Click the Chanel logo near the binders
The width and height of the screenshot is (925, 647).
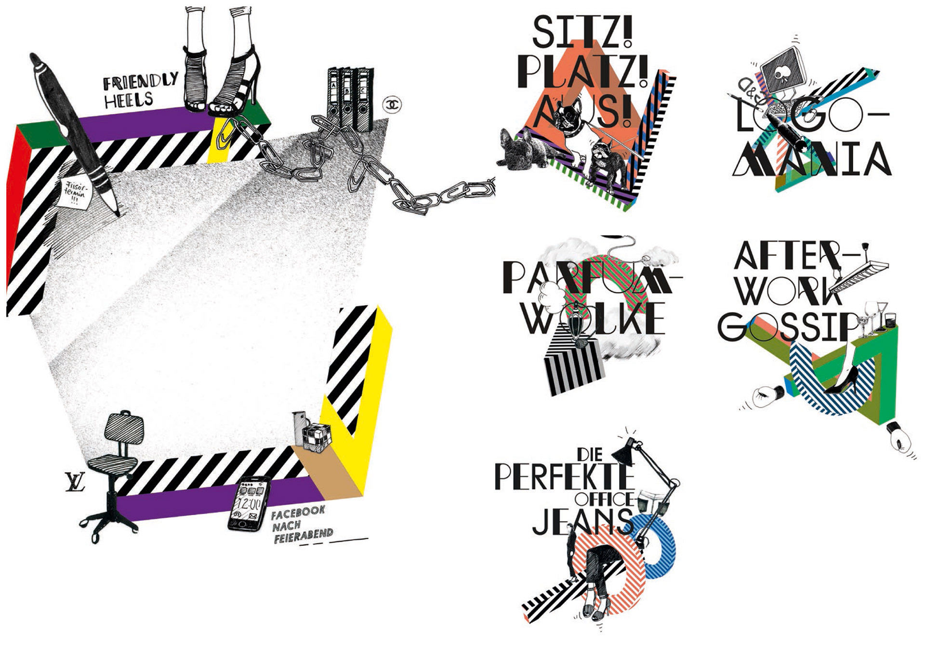pos(392,104)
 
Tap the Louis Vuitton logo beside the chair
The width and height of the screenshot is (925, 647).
pos(75,482)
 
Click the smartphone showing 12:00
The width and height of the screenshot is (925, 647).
pos(249,504)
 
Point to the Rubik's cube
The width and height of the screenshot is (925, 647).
pos(316,437)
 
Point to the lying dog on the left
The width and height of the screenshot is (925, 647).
pos(523,151)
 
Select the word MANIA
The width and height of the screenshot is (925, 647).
pos(812,159)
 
